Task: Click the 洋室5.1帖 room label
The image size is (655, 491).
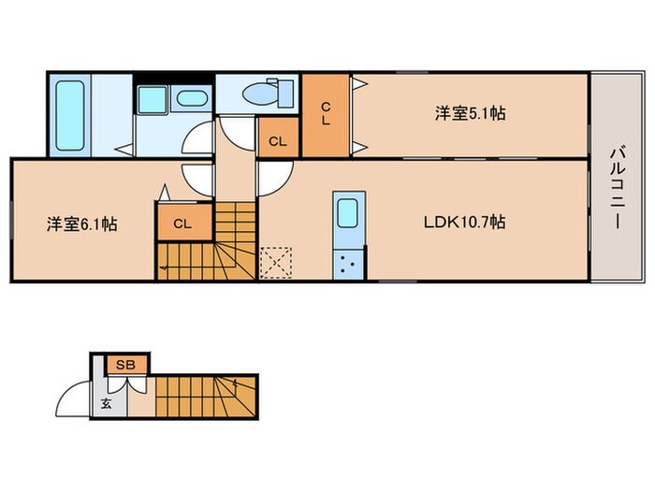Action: coord(470,113)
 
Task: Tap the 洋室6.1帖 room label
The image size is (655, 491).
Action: coord(82,224)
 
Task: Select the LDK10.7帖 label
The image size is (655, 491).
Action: coord(464,222)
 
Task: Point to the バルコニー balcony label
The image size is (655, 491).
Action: coord(617,188)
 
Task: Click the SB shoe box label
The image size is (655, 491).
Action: coord(125,365)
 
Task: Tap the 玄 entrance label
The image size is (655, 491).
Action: coord(106,403)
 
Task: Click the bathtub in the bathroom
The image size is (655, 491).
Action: coord(70,116)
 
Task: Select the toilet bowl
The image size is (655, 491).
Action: coord(258,94)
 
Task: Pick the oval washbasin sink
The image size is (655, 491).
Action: coord(191,98)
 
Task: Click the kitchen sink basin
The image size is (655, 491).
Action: coord(347,213)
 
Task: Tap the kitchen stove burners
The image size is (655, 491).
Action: coord(348,265)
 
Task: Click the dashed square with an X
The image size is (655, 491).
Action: coord(276,263)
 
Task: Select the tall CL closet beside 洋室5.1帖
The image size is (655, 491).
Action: coord(326,115)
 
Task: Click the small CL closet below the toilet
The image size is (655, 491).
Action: coord(278,137)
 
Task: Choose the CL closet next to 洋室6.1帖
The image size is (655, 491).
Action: coord(182,223)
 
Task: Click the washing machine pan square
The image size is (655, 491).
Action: coord(153,100)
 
